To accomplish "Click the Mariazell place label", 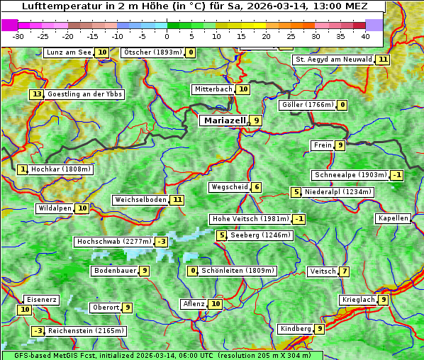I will coord(224,120).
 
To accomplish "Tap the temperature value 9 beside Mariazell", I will coord(256,120).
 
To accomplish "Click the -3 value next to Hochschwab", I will coord(162,242).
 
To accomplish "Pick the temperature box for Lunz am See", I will coord(102,52).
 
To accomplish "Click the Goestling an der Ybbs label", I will coord(85,94).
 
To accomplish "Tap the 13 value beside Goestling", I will coord(37,94).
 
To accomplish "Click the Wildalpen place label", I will coord(55,208).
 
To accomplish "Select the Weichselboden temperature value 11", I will coord(177,200).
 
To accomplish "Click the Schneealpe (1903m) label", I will coord(350,175).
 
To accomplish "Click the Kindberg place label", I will coord(296,329).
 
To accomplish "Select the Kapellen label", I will coord(393,218).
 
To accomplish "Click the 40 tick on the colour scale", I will coord(364,36).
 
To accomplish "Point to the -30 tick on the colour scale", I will coord(18,36).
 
